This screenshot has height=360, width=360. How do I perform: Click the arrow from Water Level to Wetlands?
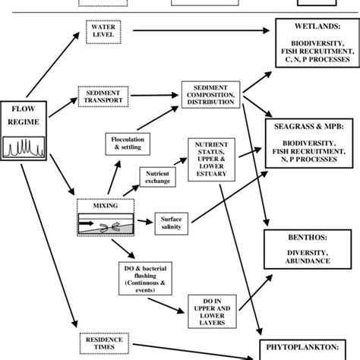197,31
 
